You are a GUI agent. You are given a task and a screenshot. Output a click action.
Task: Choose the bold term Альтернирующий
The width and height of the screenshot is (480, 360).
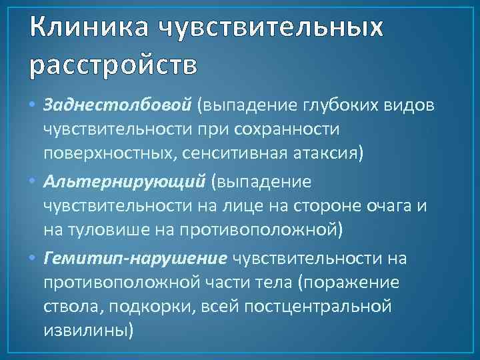[121, 181]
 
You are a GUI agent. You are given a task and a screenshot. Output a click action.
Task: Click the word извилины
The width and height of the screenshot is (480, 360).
[86, 329]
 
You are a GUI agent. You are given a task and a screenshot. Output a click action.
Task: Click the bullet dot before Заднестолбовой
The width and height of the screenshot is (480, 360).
[34, 105]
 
